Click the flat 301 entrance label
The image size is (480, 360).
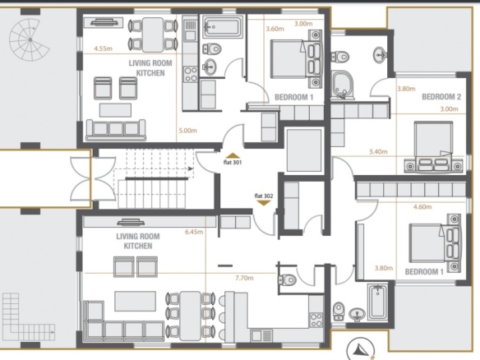[x=233, y=163]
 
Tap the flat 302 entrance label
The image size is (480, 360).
[x=264, y=196]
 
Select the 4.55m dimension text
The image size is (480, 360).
[x=103, y=48]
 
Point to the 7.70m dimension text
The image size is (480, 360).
[x=244, y=278]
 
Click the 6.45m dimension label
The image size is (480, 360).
[x=194, y=232]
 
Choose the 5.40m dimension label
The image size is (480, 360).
[x=378, y=151]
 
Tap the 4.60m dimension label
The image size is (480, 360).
[x=422, y=206]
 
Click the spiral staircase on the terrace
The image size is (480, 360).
[x=30, y=39]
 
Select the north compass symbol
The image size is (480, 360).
[x=361, y=349]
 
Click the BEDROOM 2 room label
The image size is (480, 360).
[x=441, y=97]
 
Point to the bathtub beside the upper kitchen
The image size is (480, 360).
[x=223, y=27]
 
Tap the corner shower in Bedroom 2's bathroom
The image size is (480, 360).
[x=343, y=85]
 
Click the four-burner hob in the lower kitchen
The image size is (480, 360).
[x=316, y=320]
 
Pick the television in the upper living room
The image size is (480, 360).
[x=104, y=23]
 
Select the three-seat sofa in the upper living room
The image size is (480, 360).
[x=116, y=130]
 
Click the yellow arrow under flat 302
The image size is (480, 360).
[x=264, y=203]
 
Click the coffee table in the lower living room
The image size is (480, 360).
[x=135, y=301]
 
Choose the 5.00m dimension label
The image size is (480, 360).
[x=187, y=131]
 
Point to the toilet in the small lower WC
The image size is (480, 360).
[x=287, y=279]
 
